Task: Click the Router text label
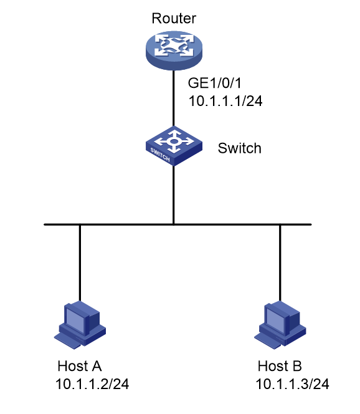point(174,18)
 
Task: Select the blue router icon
point(174,50)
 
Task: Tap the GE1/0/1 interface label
point(214,83)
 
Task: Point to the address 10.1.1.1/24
point(225,101)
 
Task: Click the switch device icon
point(174,146)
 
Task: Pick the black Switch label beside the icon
point(239,148)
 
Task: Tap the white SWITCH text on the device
point(160,155)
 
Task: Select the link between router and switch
point(174,99)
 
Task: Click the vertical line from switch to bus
point(174,195)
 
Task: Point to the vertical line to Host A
point(80,263)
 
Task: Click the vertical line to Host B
point(280,263)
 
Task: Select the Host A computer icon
point(80,325)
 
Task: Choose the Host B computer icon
point(280,325)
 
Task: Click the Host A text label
point(79,366)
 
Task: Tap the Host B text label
point(280,366)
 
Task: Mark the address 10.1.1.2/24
point(92,384)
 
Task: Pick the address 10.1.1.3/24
point(292,384)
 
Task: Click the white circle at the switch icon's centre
point(173,142)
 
